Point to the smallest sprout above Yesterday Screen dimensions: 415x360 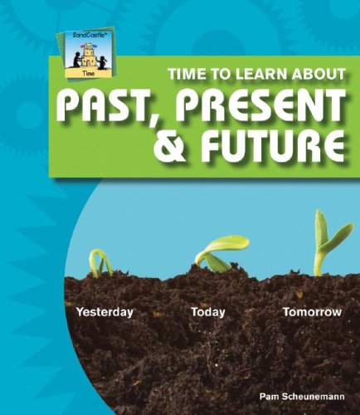click(x=100, y=263)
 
